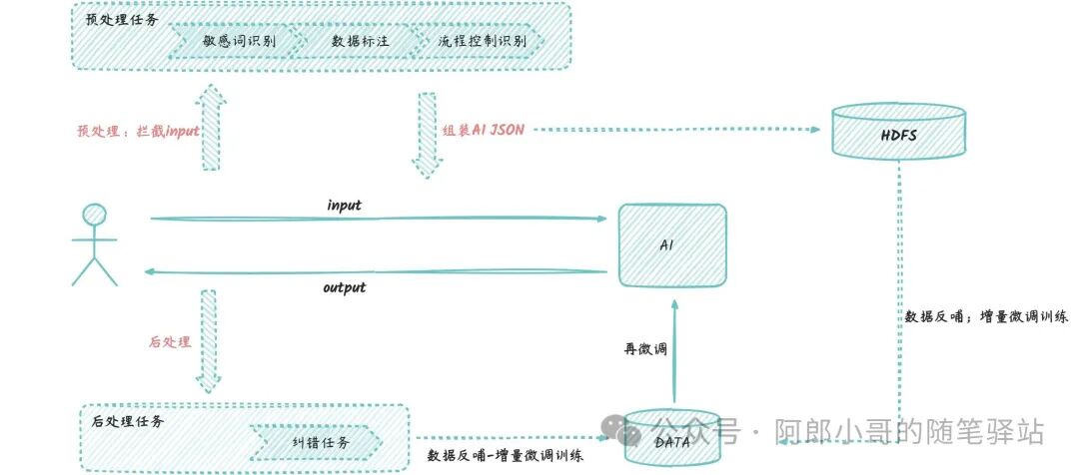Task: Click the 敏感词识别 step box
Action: (239, 40)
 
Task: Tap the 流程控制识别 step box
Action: (482, 40)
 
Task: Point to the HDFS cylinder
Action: (899, 131)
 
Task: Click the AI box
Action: (671, 245)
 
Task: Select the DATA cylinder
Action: (671, 440)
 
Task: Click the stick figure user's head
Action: (95, 215)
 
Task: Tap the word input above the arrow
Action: (344, 206)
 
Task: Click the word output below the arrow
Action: (344, 287)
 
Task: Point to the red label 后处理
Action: (169, 341)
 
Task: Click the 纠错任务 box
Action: (317, 442)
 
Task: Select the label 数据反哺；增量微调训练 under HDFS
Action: (986, 317)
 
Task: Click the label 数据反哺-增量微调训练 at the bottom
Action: (505, 455)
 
